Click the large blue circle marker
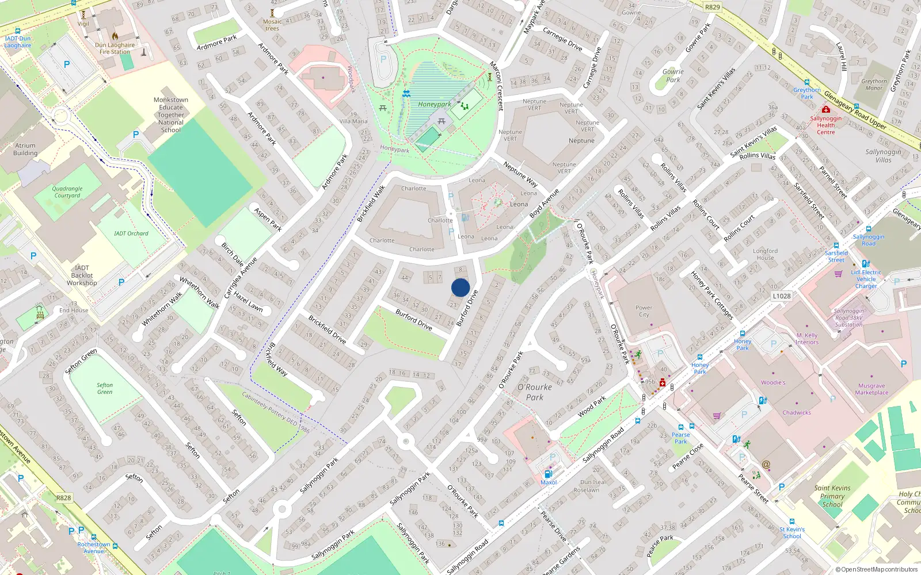[x=461, y=287]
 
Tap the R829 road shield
[x=712, y=7]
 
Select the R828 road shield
[x=64, y=498]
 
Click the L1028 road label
[x=781, y=296]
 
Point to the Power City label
[x=644, y=311]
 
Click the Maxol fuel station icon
[x=548, y=474]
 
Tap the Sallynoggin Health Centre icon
[x=826, y=109]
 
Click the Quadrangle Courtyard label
[x=67, y=192]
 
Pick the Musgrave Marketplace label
[x=871, y=389]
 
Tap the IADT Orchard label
[x=131, y=233]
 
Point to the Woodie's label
[x=773, y=382]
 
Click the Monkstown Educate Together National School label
[x=171, y=115]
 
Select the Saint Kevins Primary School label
[x=832, y=496]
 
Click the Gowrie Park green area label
[x=673, y=76]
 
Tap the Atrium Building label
[x=25, y=149]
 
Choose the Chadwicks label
[x=797, y=413]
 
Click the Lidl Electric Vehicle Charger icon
[x=866, y=264]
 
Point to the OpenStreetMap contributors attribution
[x=877, y=570]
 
